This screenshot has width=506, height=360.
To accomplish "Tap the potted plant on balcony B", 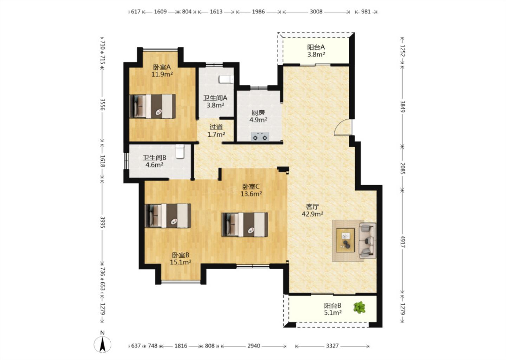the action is point(359,307).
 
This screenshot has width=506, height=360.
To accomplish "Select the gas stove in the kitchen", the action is point(260,137).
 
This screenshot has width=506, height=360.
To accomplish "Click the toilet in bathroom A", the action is point(226,79).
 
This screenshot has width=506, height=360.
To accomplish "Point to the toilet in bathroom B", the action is point(180,152).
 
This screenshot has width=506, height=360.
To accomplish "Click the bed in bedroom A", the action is point(153,107).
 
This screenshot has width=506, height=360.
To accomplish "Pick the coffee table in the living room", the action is point(345,240).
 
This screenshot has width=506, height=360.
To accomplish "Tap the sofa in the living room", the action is point(368,240).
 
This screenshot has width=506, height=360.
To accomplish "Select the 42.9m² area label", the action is point(312,214).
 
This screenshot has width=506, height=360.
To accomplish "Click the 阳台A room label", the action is point(316,47).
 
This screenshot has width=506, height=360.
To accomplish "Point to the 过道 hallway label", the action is point(216,127).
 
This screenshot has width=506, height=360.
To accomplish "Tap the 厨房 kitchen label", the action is point(258,112).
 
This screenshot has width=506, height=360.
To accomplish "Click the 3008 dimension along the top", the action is point(316,12).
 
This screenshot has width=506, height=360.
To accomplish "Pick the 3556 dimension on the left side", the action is point(103,104).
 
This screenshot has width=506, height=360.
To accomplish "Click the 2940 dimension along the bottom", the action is point(254,346).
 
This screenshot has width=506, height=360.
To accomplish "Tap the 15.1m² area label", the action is point(181,262).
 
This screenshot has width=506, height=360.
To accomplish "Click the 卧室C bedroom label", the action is point(251,186).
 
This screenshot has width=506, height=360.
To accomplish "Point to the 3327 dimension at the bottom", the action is point(332,346).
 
